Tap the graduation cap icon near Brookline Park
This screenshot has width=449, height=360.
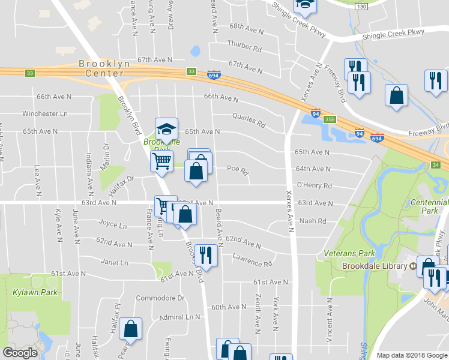(166, 129)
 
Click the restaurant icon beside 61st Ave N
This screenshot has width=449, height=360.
(206, 255)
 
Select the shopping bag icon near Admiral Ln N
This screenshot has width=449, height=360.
(130, 329)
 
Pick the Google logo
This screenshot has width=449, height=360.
(20, 353)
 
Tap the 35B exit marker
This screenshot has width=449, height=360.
(330, 119)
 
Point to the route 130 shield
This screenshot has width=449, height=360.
(361, 6)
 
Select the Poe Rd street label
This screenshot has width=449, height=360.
(238, 170)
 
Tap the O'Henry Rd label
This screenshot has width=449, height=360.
(315, 186)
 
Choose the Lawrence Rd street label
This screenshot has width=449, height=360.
(252, 262)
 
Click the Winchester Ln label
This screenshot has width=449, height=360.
(45, 113)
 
